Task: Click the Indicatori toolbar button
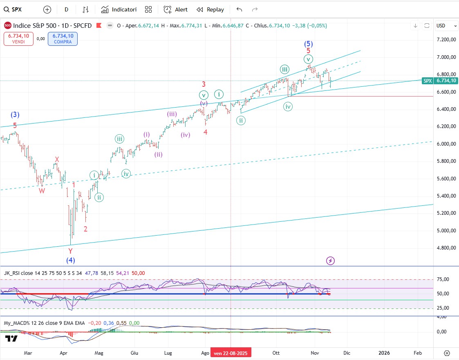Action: pos(119,9)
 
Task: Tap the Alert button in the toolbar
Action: pos(176,9)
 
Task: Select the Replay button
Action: pos(210,9)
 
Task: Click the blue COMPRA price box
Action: pos(62,38)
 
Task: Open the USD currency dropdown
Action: pos(446,25)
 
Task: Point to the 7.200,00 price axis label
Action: pos(446,40)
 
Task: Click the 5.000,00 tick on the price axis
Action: pos(446,230)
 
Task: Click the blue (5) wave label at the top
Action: pos(309,44)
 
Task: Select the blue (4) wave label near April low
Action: pos(71,260)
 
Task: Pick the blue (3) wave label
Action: pos(15,115)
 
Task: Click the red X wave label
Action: pos(57,159)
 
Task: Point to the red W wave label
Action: pos(42,190)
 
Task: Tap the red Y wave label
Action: pos(70,251)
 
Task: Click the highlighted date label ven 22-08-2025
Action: pos(231,353)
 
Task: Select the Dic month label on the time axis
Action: pos(347,353)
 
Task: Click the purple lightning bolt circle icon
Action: pos(331,261)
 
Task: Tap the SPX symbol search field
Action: pos(17,9)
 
